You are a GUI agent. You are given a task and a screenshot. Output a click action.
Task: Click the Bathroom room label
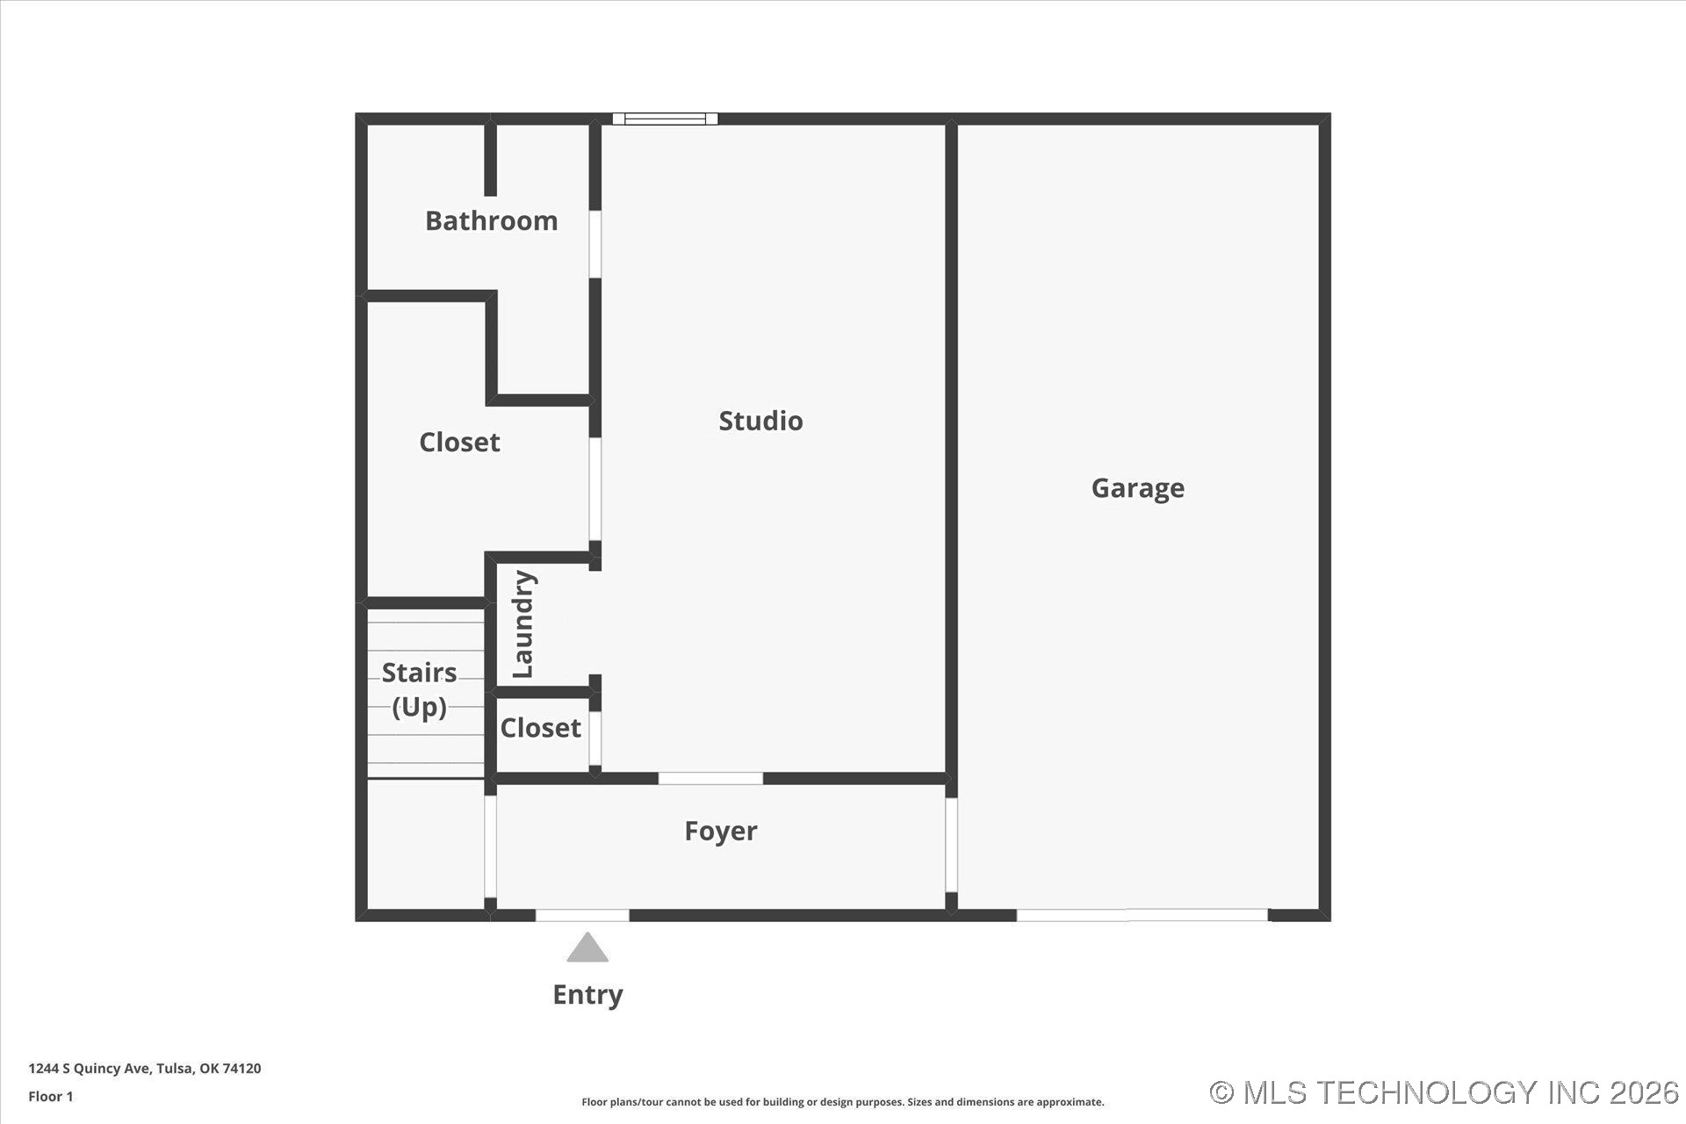pos(491,220)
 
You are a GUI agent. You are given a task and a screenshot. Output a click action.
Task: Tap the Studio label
pos(760,421)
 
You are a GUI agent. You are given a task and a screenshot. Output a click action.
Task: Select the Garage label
pos(1137,487)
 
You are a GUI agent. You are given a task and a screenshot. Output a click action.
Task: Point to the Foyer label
pos(720,831)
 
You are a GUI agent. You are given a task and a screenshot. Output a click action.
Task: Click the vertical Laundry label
pos(523,623)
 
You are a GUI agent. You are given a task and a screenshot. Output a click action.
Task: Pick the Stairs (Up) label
pos(419,689)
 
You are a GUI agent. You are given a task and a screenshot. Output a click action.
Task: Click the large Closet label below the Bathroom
pos(459,442)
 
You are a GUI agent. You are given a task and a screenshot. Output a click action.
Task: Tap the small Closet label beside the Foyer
pos(540,728)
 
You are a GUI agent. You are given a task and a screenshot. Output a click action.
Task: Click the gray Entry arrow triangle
pos(587,948)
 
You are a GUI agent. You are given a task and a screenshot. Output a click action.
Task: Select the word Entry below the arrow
pos(587,994)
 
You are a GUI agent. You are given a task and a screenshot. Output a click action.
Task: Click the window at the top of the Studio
pos(665,119)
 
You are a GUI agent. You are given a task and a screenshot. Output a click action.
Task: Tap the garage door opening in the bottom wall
pos(1142,915)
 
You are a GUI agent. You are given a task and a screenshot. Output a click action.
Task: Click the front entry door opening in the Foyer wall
pos(582,915)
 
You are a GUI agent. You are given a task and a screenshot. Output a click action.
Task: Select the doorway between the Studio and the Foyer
pos(710,778)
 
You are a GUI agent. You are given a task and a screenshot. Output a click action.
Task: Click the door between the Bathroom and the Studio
pos(595,244)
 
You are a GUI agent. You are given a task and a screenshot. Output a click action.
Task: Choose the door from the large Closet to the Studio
pos(595,488)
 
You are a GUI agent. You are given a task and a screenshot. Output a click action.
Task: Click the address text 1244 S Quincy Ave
pos(144,1069)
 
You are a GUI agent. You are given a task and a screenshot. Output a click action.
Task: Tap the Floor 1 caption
pos(51,1096)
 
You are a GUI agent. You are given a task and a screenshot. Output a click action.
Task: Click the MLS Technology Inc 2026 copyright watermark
pos(1444,1092)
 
